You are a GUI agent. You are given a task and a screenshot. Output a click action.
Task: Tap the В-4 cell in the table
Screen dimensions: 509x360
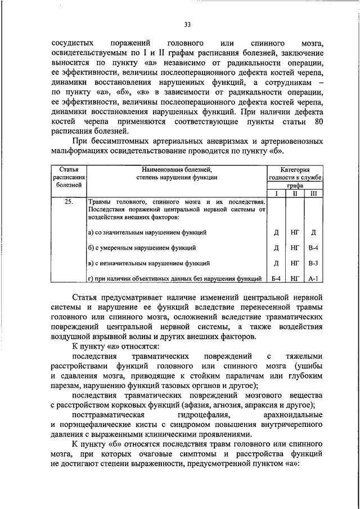point(313,247)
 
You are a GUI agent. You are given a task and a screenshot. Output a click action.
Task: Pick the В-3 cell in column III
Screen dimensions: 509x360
point(313,263)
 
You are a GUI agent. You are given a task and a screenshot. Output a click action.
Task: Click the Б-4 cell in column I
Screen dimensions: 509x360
point(276,278)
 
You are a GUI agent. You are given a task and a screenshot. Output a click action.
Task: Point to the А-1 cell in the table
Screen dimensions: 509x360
point(313,278)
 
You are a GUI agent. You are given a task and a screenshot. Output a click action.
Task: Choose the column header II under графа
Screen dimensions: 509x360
point(294,193)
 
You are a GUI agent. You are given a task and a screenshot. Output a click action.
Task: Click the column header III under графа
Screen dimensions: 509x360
point(313,193)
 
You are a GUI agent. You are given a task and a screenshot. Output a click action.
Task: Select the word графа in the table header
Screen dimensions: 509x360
point(294,184)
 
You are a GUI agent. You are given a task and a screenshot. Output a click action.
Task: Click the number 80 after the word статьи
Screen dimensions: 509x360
point(319,121)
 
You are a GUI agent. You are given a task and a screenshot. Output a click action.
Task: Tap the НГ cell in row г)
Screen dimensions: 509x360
point(294,278)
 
